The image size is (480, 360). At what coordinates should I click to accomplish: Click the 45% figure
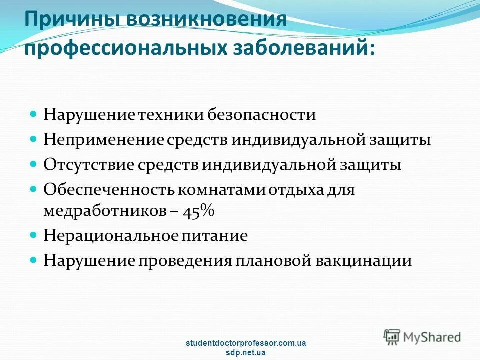198,211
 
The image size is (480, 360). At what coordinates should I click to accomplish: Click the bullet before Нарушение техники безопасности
34,114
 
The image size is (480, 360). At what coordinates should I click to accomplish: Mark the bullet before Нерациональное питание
34,235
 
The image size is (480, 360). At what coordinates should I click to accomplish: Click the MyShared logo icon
392,336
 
